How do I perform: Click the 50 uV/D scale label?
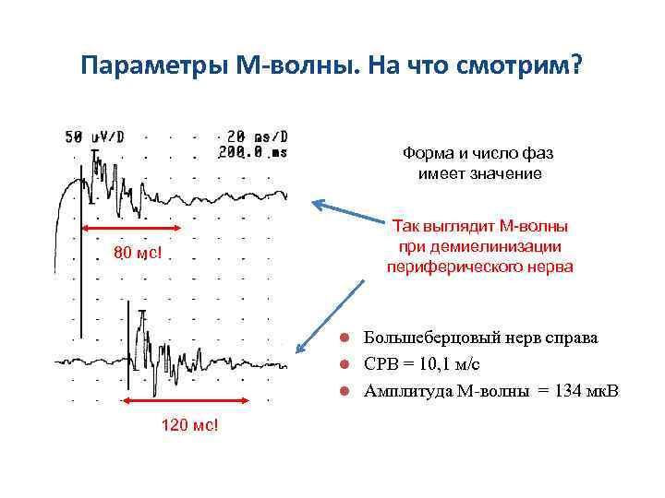coord(94,136)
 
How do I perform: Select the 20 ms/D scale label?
coord(258,136)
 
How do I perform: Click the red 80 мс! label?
coord(137,254)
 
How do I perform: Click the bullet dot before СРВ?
coord(342,364)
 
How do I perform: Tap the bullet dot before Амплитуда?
coord(342,391)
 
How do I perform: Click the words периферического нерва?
coord(479,267)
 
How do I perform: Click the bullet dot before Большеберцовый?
coord(342,338)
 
